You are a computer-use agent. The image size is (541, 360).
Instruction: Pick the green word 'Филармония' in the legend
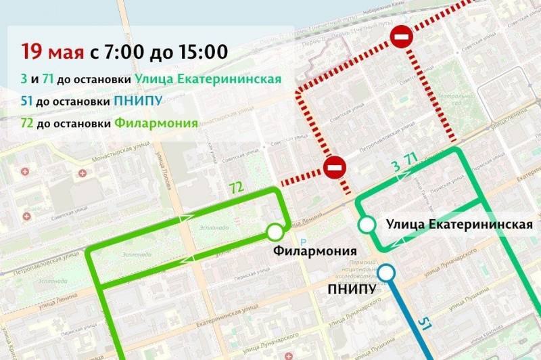156,123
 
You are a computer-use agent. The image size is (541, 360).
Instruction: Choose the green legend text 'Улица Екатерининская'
208,79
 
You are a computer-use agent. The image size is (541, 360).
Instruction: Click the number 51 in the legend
28,102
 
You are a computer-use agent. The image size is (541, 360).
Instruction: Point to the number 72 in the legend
28,123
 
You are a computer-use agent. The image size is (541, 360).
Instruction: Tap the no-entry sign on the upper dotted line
401,37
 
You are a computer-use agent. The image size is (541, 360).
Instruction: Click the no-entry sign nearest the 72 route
335,166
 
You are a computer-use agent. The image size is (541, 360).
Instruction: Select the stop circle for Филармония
275,233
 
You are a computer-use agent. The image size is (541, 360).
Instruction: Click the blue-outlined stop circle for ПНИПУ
386,273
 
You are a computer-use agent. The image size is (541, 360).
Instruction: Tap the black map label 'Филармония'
314,251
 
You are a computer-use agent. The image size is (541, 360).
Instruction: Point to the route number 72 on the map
236,187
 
